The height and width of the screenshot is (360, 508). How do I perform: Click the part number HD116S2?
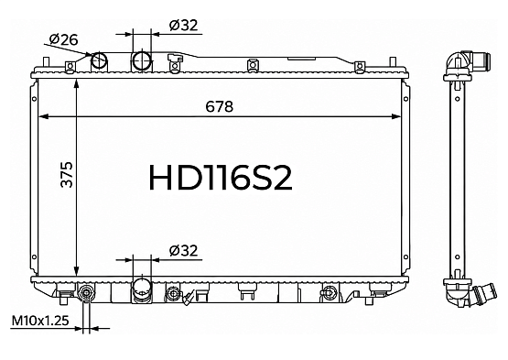(x=221, y=178)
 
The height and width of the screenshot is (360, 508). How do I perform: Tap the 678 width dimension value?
(x=220, y=106)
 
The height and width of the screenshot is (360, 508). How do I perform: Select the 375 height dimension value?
(x=67, y=174)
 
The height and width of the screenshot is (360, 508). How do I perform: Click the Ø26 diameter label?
(x=64, y=39)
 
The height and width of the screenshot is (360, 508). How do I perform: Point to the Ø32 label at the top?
(x=183, y=26)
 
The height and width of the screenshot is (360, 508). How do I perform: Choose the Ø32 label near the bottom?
(x=183, y=251)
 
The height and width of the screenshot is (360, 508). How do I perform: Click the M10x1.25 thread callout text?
(x=40, y=321)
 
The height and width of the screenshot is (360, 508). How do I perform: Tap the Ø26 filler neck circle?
(x=99, y=60)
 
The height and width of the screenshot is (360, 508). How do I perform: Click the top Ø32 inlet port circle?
(x=142, y=60)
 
